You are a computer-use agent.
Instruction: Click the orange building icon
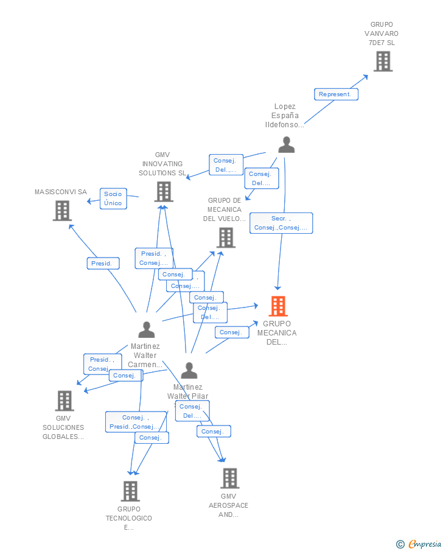277,306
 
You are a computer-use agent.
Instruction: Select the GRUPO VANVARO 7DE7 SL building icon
383,61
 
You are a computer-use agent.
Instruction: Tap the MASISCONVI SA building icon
62,211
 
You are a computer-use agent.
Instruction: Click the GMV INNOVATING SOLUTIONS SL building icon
163,191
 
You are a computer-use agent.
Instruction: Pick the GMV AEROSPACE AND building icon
229,479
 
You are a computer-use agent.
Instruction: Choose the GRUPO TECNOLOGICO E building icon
130,491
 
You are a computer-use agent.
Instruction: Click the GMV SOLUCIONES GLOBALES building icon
65,401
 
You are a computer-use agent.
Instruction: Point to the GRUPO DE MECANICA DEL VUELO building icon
226,237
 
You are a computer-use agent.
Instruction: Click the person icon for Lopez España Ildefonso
286,145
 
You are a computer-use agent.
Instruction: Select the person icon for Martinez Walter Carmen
146,329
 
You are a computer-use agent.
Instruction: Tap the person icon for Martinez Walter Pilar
189,370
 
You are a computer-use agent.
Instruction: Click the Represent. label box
336,94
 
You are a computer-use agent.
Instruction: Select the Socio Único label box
113,198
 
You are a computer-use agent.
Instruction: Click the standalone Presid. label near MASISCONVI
102,264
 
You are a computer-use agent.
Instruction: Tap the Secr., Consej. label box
281,223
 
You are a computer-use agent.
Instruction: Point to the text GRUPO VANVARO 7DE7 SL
382,33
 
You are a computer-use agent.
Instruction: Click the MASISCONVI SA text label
61,192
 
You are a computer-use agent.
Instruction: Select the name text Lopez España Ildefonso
285,115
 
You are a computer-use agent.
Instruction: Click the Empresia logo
424,544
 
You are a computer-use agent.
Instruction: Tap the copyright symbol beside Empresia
400,544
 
